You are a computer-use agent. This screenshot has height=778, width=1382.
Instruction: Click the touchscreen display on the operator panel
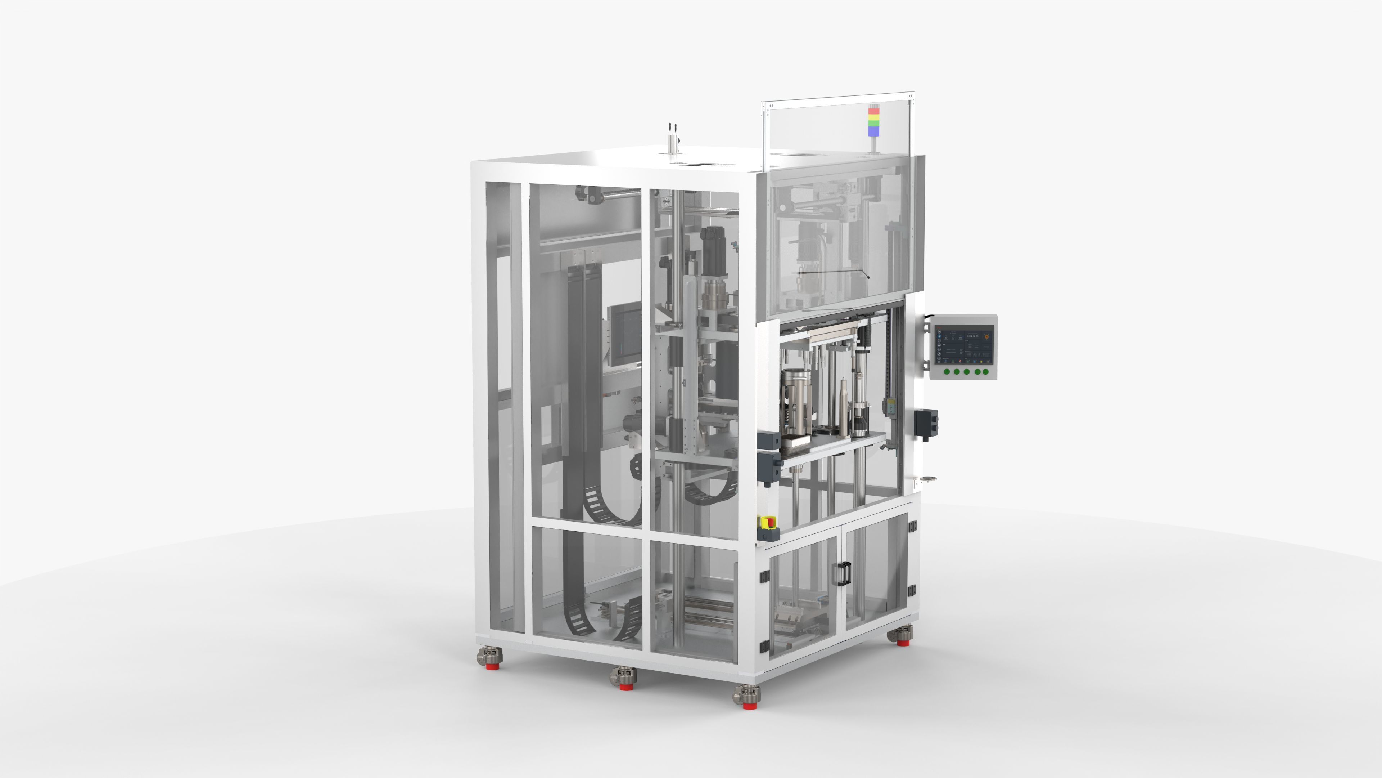tap(964, 346)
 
